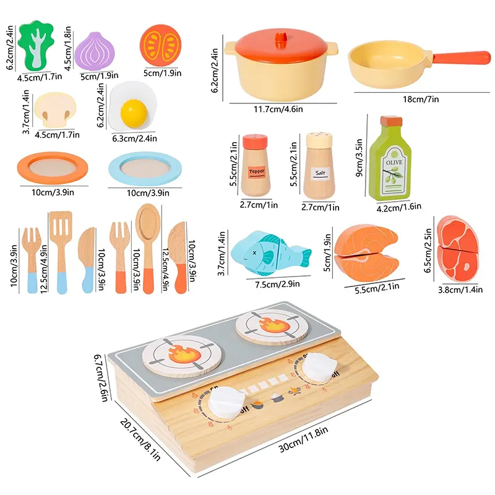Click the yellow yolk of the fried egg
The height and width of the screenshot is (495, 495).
[134, 111]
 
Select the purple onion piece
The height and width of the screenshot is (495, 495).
[96, 51]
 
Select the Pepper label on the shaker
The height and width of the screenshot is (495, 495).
[256, 170]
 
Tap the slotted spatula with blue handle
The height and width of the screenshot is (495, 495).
[61, 247]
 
